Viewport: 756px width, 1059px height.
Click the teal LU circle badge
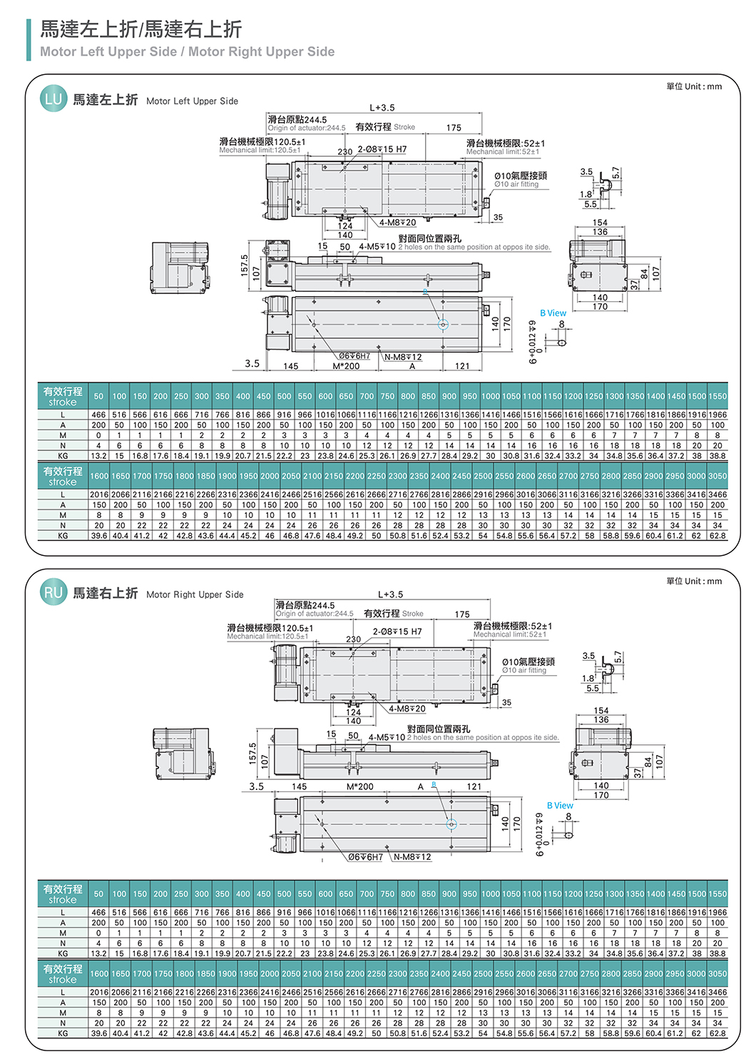pos(53,98)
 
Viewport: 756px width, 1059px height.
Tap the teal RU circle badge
pos(53,592)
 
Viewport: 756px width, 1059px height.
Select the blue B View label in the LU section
pos(553,313)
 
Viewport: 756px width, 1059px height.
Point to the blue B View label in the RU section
pos(560,805)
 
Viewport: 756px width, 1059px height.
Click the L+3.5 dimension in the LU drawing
pos(382,108)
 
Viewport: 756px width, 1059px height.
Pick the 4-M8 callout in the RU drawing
pos(407,709)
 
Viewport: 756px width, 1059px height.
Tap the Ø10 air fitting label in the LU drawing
pos(516,184)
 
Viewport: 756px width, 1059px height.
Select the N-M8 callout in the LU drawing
pos(402,357)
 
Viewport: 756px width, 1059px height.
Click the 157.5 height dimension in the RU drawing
pos(252,753)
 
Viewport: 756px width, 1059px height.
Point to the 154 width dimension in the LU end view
pos(600,222)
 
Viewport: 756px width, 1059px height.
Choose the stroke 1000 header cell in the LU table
pos(491,396)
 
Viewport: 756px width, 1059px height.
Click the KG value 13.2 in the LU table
pos(98,456)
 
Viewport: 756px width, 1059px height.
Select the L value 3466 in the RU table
pos(717,993)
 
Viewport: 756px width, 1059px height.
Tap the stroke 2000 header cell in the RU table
pos(270,974)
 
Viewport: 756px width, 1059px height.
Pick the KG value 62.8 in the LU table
pos(717,536)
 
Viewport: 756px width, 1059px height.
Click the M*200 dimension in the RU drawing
pos(359,786)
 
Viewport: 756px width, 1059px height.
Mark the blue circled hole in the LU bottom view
pos(443,324)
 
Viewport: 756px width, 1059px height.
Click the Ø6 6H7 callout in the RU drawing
pos(365,857)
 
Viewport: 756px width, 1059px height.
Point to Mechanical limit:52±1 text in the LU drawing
pos(502,152)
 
